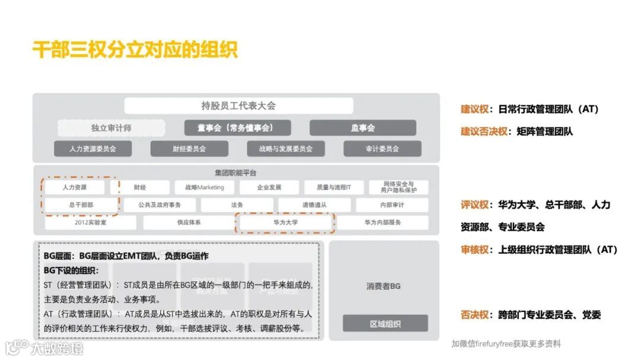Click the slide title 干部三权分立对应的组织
tap(135, 50)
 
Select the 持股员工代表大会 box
tap(239, 106)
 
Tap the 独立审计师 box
tap(111, 128)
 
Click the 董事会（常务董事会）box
tap(236, 128)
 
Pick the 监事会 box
tap(363, 128)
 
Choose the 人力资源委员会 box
tap(93, 149)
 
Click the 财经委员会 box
tap(189, 149)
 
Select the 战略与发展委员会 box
tap(285, 149)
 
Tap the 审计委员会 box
tap(382, 149)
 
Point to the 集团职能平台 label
tap(236, 173)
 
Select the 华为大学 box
tap(285, 223)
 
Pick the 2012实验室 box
tap(90, 223)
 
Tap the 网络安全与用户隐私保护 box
tap(398, 187)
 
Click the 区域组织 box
tap(385, 324)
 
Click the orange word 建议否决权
tap(484, 132)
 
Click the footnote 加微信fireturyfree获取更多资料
tap(506, 344)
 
